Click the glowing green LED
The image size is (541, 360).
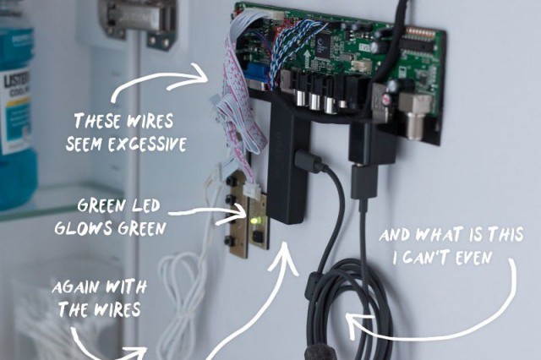[254, 222]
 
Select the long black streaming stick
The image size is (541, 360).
[286, 169]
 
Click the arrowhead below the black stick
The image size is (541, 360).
[283, 254]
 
